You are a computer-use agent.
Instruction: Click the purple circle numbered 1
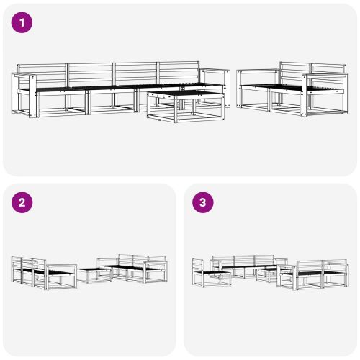pos(22,22)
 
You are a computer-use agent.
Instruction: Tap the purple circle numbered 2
pos(22,202)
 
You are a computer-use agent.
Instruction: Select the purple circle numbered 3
pos(202,202)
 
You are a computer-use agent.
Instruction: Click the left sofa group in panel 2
pos(43,272)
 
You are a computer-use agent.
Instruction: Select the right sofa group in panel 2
pos(133,269)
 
